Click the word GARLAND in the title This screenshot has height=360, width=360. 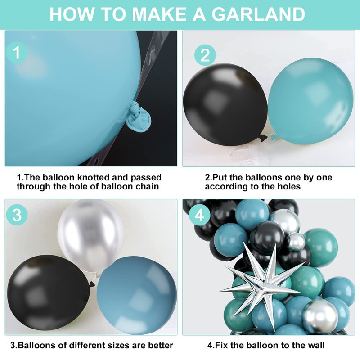coord(258,14)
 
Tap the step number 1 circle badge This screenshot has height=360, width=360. coord(17,53)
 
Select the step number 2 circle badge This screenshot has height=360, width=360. coord(205,55)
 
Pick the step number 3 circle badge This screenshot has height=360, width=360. coord(17,215)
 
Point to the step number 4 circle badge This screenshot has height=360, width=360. coord(199,216)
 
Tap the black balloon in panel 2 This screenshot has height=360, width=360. coord(225,105)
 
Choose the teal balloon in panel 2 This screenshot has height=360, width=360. coord(310,101)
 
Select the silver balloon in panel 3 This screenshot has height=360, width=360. coord(91,236)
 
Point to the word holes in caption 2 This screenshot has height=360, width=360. coord(289,186)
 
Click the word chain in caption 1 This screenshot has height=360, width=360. coord(148,186)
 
